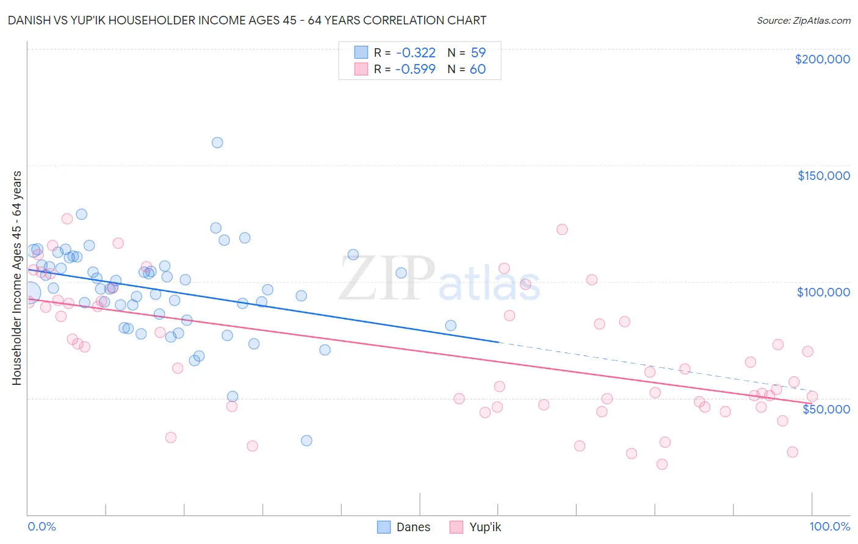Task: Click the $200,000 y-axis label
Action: [822, 59]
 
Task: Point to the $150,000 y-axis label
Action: [823, 176]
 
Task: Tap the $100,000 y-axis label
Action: [823, 292]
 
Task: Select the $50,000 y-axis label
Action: [826, 409]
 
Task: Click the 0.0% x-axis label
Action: [41, 526]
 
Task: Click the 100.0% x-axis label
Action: [829, 526]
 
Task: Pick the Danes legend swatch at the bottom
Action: [384, 527]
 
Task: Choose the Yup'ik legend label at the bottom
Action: [485, 527]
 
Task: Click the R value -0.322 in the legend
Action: [415, 52]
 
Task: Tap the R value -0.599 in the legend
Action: [415, 69]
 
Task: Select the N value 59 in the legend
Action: [478, 52]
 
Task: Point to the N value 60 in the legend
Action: [478, 69]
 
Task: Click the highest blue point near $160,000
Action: [217, 143]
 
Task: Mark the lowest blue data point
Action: [306, 440]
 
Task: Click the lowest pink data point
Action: [662, 464]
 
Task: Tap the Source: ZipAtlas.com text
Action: [803, 20]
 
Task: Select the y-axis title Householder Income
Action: [16, 278]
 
